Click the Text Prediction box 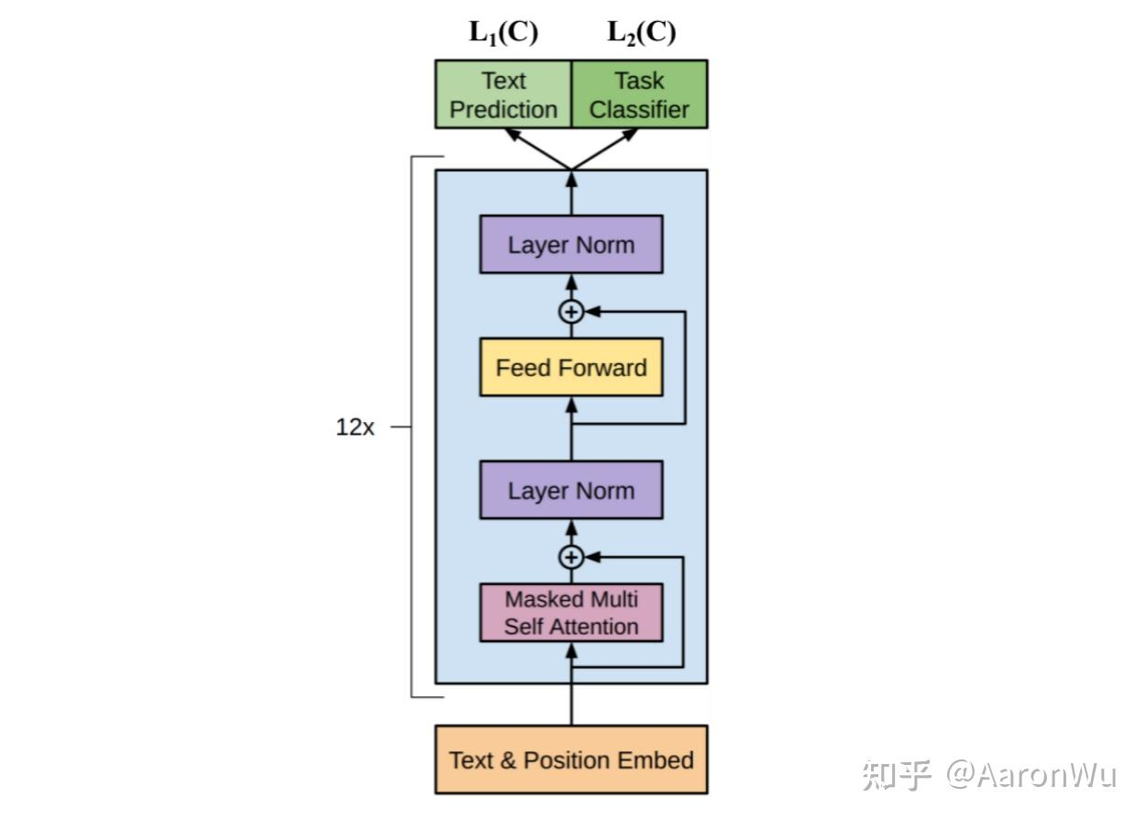(502, 94)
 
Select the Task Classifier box (639, 94)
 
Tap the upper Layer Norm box (571, 245)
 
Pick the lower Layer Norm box (571, 491)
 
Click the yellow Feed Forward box (571, 368)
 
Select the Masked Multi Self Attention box (571, 613)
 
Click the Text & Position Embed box (571, 759)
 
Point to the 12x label (355, 427)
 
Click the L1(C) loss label (503, 33)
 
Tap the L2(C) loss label (641, 33)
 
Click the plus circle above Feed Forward (571, 312)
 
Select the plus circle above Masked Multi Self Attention (571, 557)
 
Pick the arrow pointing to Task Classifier (605, 149)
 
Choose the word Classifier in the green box (639, 110)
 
